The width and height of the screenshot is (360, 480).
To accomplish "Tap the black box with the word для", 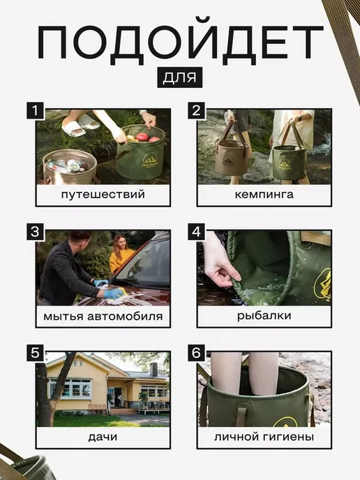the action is click(x=180, y=77).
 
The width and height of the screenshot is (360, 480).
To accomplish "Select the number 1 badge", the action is click(x=36, y=110).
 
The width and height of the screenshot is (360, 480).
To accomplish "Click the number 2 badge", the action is click(x=196, y=110).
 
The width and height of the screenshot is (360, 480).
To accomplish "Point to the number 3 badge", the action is click(x=36, y=232).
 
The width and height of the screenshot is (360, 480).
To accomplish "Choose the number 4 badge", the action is click(x=196, y=232).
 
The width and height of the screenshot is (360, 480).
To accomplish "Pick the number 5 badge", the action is click(x=36, y=352).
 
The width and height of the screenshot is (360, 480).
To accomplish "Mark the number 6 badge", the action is click(x=196, y=352).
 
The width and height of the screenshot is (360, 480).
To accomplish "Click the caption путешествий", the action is click(x=103, y=195).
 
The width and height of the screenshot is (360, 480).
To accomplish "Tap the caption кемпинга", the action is click(x=264, y=195).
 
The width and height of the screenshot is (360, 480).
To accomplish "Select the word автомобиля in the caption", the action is click(x=125, y=316).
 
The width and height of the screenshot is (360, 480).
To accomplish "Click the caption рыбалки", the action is click(x=264, y=316).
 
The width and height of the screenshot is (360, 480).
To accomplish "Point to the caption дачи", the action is click(x=103, y=437).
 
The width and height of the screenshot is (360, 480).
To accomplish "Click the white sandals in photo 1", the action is click(x=80, y=125).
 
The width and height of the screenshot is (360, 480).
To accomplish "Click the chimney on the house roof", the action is click(x=153, y=369).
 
